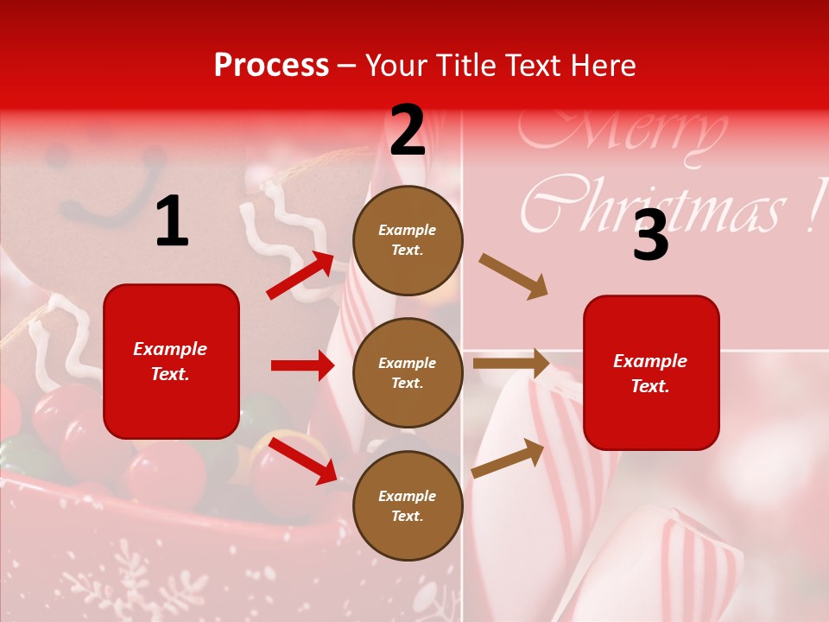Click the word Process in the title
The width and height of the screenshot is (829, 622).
tap(271, 66)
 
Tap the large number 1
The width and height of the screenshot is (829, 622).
tap(172, 222)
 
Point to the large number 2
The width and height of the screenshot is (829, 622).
tap(408, 130)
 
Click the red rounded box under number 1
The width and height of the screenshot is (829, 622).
tap(171, 361)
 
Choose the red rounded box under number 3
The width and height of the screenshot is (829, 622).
tap(651, 372)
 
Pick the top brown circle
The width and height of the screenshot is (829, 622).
tap(408, 240)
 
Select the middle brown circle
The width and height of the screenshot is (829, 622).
tap(408, 372)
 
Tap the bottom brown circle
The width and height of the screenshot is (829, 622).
tap(408, 505)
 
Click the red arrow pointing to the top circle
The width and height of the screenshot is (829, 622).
tap(301, 276)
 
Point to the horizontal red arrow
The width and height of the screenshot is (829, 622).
tap(302, 365)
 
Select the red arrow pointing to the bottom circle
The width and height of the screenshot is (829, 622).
tap(302, 460)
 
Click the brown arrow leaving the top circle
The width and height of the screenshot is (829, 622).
tap(513, 276)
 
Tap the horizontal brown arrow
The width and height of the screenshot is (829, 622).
tap(511, 363)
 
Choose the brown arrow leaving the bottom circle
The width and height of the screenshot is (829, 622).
tap(508, 458)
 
